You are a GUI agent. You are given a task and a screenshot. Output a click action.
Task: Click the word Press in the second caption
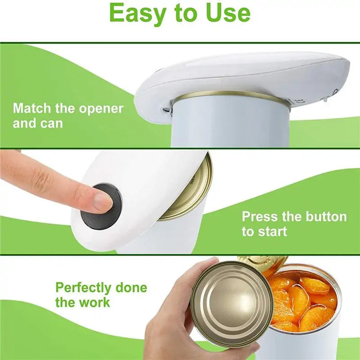point(260,216)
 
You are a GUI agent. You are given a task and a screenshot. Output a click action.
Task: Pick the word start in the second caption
point(271,232)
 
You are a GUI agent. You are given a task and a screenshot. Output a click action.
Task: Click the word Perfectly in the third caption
point(85,288)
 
